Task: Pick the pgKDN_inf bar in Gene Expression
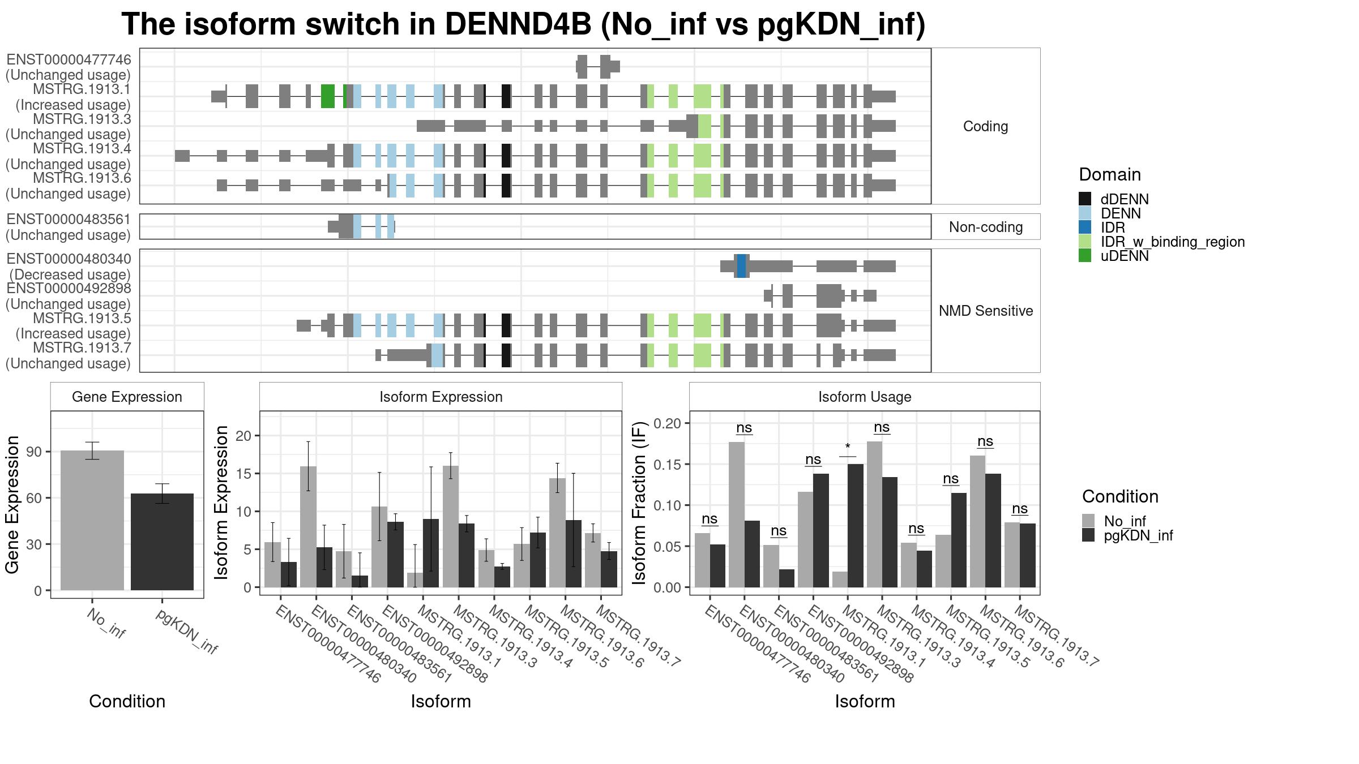[x=162, y=542]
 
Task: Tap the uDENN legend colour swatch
[x=1085, y=256]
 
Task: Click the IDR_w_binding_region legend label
[x=1173, y=242]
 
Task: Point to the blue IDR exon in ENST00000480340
[x=741, y=266]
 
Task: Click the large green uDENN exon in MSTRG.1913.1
[x=328, y=96]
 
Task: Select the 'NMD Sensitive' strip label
[x=986, y=311]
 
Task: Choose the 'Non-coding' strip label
[x=986, y=227]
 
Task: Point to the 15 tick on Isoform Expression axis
[x=243, y=473]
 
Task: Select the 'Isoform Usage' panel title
[x=865, y=397]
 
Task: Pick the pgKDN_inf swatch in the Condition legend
[x=1088, y=535]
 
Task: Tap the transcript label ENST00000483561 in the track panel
[x=69, y=220]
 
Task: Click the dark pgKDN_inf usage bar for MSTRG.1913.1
[x=856, y=526]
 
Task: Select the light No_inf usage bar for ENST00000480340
[x=737, y=514]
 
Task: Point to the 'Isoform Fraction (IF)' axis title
[x=639, y=503]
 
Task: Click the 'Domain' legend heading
[x=1110, y=174]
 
